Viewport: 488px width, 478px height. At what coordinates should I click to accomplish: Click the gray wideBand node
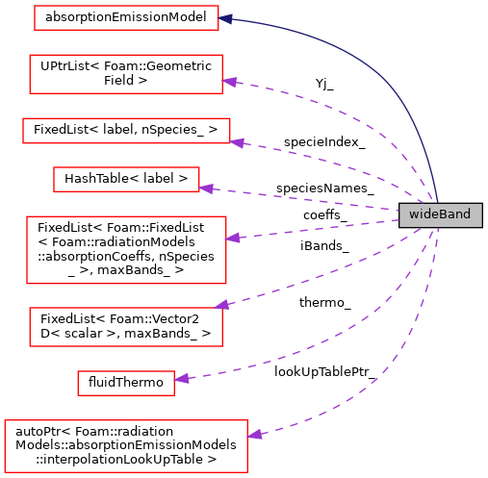coord(440,214)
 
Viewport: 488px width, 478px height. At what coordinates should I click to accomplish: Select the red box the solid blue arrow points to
coord(126,17)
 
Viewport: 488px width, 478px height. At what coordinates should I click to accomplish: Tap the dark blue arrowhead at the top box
coord(226,18)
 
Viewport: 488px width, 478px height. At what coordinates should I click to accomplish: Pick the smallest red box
coord(126,383)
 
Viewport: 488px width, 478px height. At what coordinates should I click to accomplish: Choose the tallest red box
coord(126,250)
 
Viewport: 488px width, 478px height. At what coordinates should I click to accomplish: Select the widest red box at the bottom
coord(126,445)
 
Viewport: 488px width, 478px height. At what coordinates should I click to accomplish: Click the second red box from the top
coord(126,74)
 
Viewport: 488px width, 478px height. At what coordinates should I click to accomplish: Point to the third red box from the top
coord(126,131)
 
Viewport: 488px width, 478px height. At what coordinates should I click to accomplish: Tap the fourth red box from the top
coord(126,179)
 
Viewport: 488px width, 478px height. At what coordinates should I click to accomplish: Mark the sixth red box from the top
coord(126,327)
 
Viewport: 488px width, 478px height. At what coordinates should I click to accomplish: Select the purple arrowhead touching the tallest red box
coord(232,238)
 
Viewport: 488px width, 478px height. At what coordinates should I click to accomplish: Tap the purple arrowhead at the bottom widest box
coord(254,435)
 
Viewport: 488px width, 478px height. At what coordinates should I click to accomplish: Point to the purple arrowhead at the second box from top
coord(229,82)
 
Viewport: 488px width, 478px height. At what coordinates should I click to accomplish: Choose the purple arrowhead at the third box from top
coord(237,143)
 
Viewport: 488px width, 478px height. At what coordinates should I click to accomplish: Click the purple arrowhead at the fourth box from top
coord(205,189)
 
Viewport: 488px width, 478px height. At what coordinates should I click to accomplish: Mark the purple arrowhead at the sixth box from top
coord(221,305)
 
